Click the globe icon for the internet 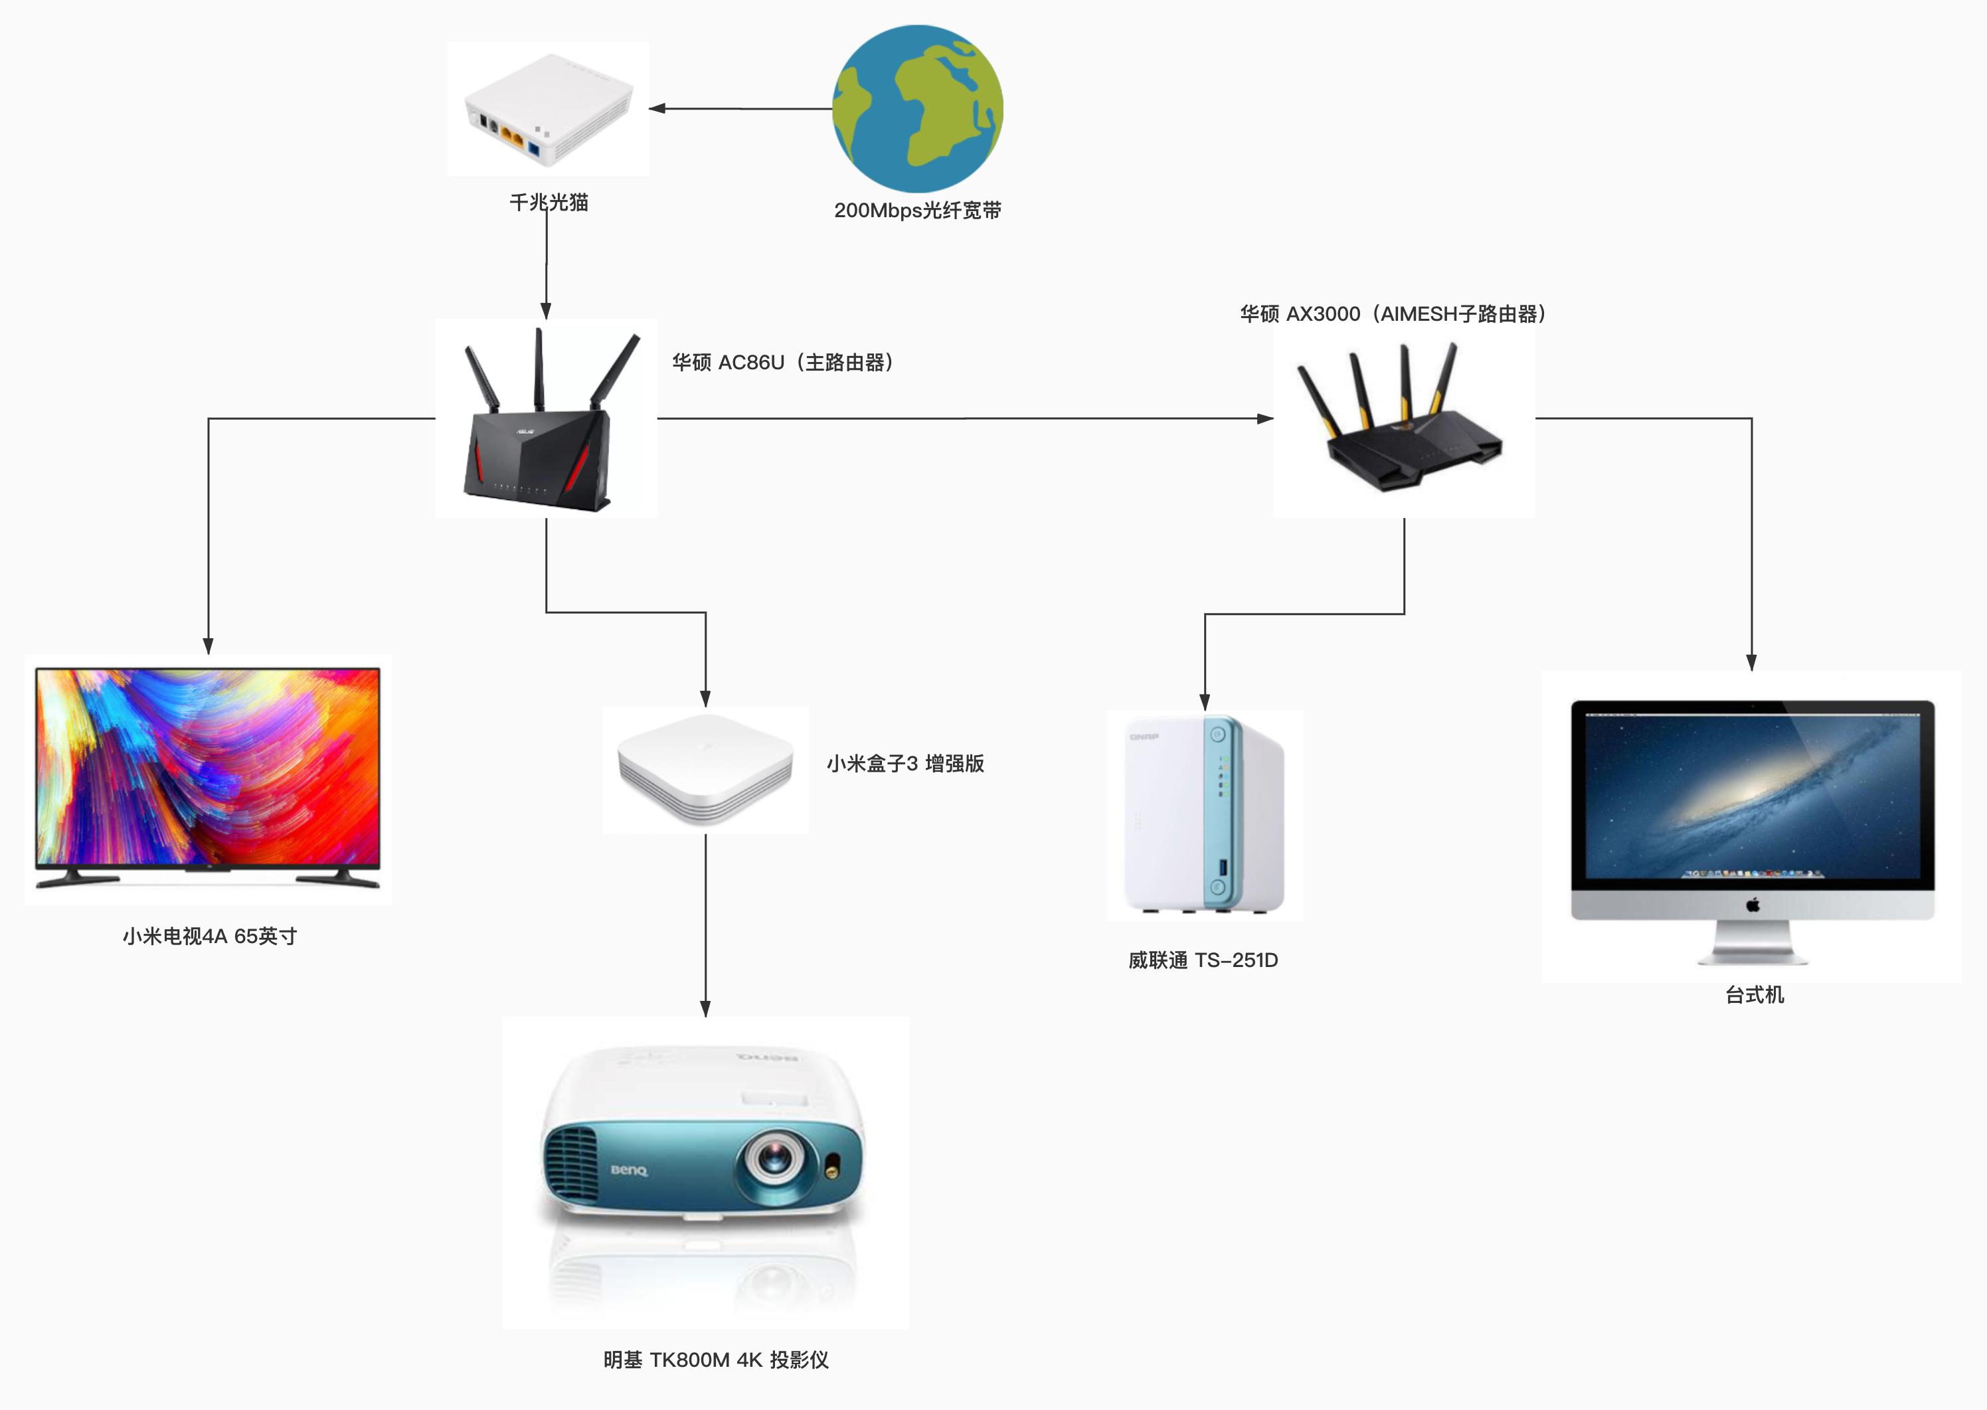918,108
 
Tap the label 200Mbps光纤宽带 918,210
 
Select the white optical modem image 549,108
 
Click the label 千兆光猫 549,203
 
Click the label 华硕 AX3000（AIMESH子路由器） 1393,313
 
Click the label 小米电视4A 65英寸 209,936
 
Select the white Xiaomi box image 705,769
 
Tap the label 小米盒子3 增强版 905,763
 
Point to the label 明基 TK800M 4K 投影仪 715,1360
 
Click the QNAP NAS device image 1204,814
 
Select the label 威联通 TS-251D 1203,960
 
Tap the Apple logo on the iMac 1752,905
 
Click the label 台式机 1755,995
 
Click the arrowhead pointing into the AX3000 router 1264,418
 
